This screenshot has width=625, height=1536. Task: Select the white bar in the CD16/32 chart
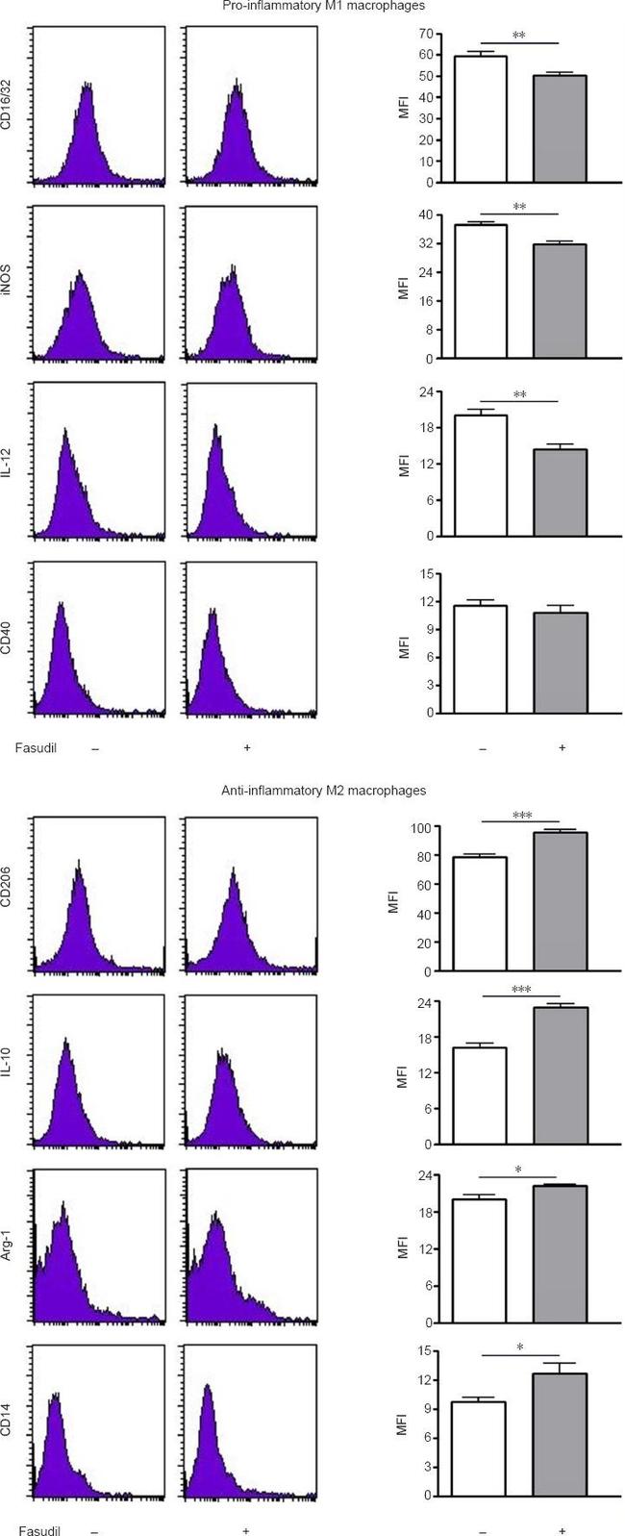point(481,119)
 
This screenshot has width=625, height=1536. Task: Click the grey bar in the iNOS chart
point(561,302)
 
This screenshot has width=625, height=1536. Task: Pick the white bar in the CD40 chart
point(481,660)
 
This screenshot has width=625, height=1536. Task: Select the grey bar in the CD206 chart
point(561,902)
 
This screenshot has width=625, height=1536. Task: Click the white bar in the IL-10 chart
point(481,1096)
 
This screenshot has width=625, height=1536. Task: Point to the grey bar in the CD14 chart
point(561,1435)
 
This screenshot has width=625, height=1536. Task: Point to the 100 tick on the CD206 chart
point(419,827)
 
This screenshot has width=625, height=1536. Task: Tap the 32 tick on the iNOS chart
point(423,243)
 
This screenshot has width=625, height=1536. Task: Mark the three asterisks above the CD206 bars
point(521,816)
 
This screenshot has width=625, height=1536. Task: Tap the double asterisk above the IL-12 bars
point(519,394)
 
